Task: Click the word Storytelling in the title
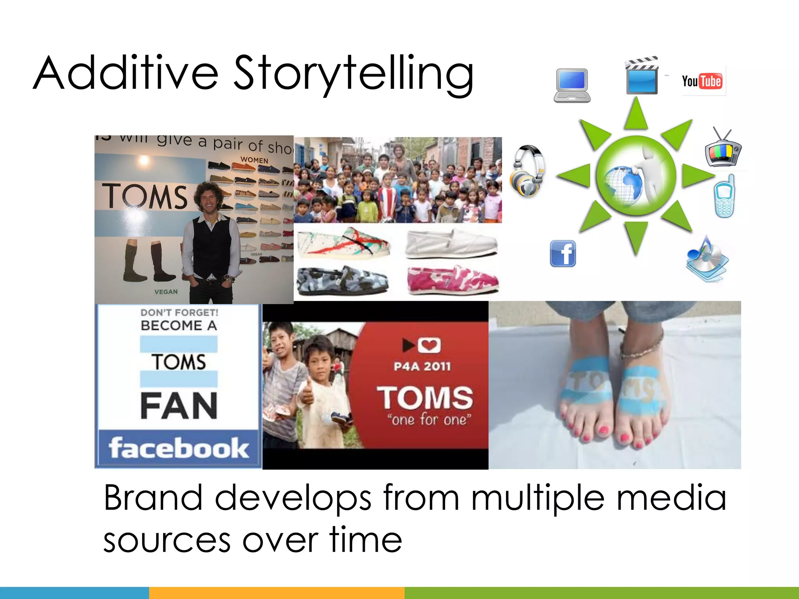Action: click(x=353, y=74)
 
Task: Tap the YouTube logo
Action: click(x=702, y=81)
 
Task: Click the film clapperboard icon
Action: click(x=642, y=76)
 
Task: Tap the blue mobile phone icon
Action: click(x=725, y=197)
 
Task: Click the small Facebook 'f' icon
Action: click(x=563, y=253)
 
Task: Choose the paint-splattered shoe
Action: click(x=343, y=242)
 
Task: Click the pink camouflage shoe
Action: click(x=453, y=281)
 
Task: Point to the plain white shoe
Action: click(x=451, y=244)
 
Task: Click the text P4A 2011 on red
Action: click(x=422, y=367)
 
